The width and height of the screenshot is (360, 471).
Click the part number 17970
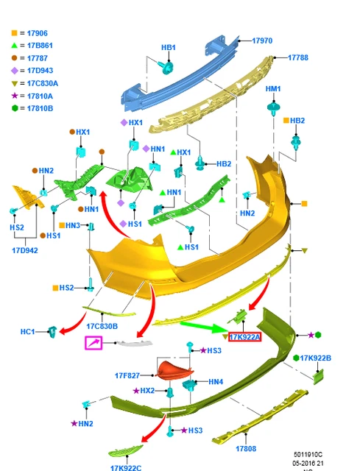click(x=262, y=40)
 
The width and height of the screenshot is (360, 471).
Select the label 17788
click(x=298, y=57)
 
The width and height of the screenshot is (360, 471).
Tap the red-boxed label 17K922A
click(x=244, y=337)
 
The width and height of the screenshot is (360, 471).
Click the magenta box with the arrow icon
click(x=93, y=343)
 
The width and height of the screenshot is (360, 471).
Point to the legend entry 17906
click(x=38, y=33)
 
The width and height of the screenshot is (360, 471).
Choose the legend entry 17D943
click(x=40, y=71)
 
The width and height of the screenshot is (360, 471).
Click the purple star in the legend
click(x=15, y=96)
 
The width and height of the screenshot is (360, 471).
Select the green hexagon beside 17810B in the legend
click(x=15, y=108)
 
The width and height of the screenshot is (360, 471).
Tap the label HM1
click(x=273, y=88)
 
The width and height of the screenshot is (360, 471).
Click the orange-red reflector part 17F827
click(x=174, y=370)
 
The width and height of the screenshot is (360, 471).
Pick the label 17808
click(x=246, y=448)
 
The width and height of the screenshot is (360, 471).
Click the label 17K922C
click(x=126, y=468)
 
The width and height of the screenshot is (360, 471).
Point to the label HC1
click(x=28, y=332)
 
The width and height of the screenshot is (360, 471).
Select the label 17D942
click(x=25, y=250)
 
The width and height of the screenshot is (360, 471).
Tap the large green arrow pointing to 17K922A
click(x=205, y=327)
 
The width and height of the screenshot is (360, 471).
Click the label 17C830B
click(x=102, y=326)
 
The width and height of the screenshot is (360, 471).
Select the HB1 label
click(x=169, y=47)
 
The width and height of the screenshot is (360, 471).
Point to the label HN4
click(x=216, y=381)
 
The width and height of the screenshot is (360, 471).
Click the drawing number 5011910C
click(x=308, y=455)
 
